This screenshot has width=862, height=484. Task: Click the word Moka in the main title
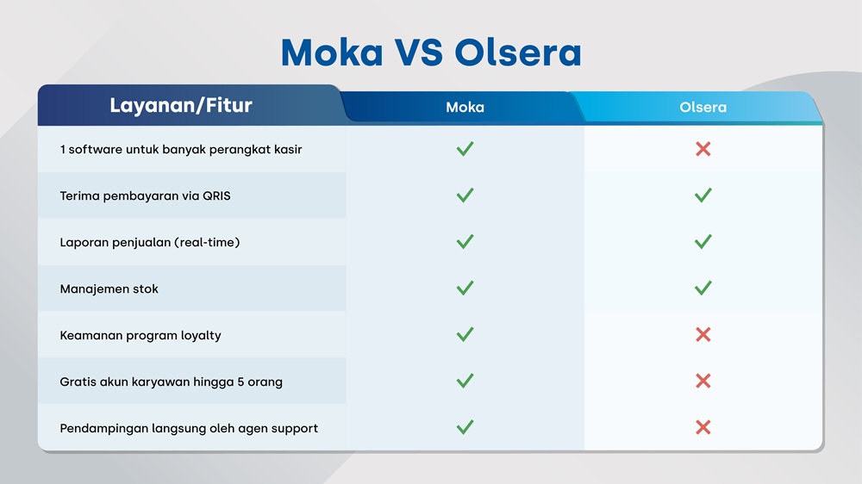pos(332,53)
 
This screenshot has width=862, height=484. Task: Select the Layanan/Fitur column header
pos(181,106)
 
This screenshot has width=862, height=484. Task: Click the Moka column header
pos(465,108)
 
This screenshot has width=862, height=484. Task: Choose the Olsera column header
pos(703,108)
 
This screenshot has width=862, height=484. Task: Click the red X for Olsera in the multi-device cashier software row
pos(703,149)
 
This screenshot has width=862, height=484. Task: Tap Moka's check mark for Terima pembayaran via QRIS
pos(465,195)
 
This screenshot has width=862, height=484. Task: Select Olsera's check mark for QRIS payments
pos(703,195)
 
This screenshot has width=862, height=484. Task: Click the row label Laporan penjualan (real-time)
pos(150,242)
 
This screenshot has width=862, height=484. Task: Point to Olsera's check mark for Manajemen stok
pos(703,289)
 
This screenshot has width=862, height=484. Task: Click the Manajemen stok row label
pos(109,289)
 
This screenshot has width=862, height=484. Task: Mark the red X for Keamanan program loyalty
pos(703,335)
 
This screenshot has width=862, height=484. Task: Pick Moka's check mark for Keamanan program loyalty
pos(465,335)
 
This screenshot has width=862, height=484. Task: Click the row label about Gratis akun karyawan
pos(172,382)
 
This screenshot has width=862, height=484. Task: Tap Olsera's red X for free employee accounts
pos(703,382)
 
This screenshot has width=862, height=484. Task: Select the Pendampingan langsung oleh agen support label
pos(189,428)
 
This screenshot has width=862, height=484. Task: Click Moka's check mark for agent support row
pos(465,428)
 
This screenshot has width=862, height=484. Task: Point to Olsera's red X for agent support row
pos(703,428)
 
